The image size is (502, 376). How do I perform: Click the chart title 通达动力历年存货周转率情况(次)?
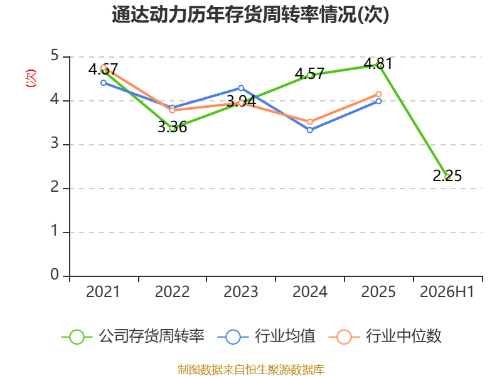pyautogui.click(x=250, y=15)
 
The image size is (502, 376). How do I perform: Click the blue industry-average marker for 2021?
pyautogui.click(x=104, y=83)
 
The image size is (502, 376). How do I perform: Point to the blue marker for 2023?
pyautogui.click(x=241, y=88)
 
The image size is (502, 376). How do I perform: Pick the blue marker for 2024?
pyautogui.click(x=310, y=130)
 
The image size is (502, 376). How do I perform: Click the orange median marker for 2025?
pyautogui.click(x=379, y=94)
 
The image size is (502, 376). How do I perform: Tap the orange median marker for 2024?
pyautogui.click(x=310, y=122)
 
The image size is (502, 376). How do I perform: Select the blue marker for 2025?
pyautogui.click(x=379, y=101)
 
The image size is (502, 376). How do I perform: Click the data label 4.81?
pyautogui.click(x=378, y=63)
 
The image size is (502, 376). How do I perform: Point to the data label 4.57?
pyautogui.click(x=309, y=73)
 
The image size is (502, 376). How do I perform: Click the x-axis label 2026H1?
pyautogui.click(x=447, y=291)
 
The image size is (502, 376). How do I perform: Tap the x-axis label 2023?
pyautogui.click(x=241, y=291)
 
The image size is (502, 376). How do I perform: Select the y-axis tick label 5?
pyautogui.click(x=55, y=55)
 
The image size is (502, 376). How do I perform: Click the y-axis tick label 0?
pyautogui.click(x=55, y=274)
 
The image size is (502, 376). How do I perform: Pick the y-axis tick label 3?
pyautogui.click(x=55, y=143)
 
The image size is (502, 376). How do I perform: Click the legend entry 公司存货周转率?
pyautogui.click(x=133, y=337)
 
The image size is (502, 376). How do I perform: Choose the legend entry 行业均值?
pyautogui.click(x=266, y=337)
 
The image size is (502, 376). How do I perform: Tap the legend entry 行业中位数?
pyautogui.click(x=385, y=337)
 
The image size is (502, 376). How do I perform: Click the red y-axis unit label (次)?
pyautogui.click(x=31, y=78)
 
